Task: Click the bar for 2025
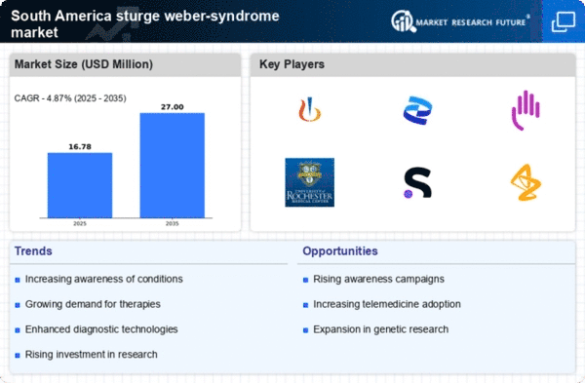click(x=80, y=184)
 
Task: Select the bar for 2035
click(x=173, y=165)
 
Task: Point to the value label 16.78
click(x=80, y=144)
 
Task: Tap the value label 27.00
click(x=173, y=105)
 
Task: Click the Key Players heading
click(x=292, y=64)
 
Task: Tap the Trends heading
click(x=34, y=250)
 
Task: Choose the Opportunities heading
click(x=340, y=250)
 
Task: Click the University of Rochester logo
click(x=309, y=181)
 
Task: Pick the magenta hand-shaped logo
click(x=526, y=110)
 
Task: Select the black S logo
click(x=418, y=182)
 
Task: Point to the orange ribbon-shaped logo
click(x=526, y=182)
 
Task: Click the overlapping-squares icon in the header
click(x=564, y=20)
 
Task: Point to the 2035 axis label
click(x=173, y=222)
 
